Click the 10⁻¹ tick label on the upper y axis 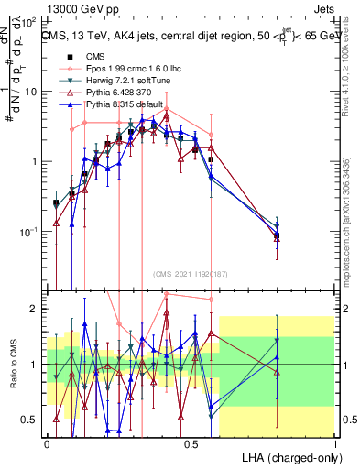click(x=29, y=232)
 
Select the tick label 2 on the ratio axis click(x=35, y=309)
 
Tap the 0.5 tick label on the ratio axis click(x=31, y=420)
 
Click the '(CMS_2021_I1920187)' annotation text click(x=191, y=273)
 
